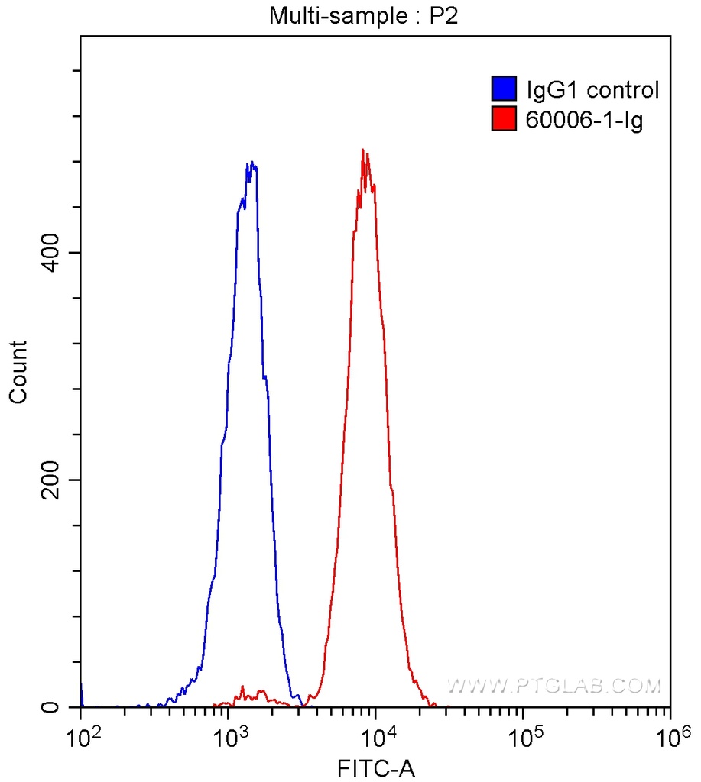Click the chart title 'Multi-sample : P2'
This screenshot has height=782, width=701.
[362, 15]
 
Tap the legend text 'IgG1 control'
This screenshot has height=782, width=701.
[592, 90]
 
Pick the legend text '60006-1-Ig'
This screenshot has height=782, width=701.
[584, 120]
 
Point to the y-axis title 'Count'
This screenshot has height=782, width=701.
[18, 371]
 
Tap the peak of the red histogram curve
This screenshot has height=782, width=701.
[363, 150]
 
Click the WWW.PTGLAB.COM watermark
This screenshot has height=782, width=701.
[553, 686]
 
